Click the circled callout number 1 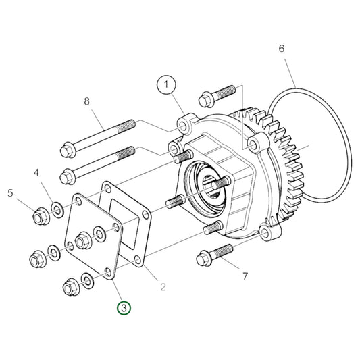[166, 86]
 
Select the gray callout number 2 [163, 287]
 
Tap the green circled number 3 [124, 308]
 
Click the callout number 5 [11, 194]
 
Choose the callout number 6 [281, 49]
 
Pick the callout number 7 [245, 276]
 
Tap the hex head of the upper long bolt [68, 148]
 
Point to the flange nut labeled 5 [40, 217]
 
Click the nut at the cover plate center [82, 240]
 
